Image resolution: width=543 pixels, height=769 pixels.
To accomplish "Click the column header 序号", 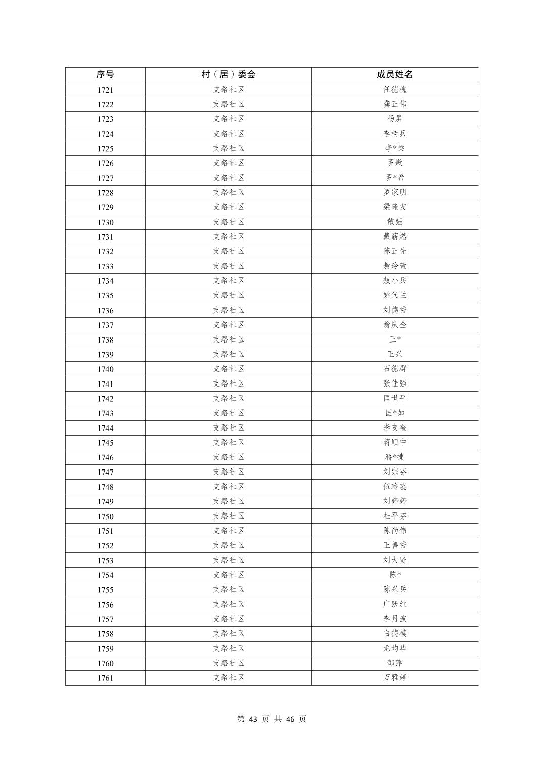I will click(x=105, y=74).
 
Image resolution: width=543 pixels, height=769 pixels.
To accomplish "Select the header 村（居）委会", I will click(x=228, y=74).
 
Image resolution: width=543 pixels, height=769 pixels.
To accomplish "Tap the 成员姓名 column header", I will click(x=394, y=74).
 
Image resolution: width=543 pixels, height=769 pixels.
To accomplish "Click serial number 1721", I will click(x=105, y=90).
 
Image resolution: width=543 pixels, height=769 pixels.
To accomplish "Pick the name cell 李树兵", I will click(x=394, y=134).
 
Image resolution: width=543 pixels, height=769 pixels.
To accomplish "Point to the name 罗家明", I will click(x=394, y=192).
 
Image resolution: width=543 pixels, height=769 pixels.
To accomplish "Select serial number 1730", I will click(x=105, y=222).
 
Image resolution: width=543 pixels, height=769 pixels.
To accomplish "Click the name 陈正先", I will click(x=394, y=251).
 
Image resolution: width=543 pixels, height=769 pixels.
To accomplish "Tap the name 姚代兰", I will click(x=394, y=295).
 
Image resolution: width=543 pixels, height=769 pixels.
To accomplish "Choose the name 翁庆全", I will click(x=394, y=325).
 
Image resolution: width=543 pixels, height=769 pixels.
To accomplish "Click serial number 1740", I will click(x=105, y=369).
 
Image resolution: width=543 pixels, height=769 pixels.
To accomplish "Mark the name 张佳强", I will click(x=394, y=383).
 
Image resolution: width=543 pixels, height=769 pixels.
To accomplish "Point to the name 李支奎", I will click(x=394, y=428).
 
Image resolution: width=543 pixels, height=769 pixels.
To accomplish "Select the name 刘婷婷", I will click(x=394, y=501).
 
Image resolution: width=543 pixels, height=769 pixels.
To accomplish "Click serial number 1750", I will click(x=105, y=516).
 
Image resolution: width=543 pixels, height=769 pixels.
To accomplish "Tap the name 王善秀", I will click(x=394, y=545).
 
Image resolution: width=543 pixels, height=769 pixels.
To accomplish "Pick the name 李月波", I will click(x=394, y=619).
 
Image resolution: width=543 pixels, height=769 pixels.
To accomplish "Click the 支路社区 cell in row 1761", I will click(x=228, y=677).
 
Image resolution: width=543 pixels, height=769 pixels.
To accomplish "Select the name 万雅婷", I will click(x=394, y=677).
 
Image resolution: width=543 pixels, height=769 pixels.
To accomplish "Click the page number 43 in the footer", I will click(x=254, y=719).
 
